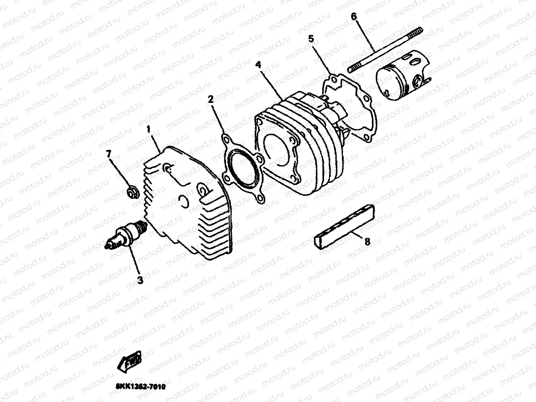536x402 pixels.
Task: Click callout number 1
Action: [x=149, y=130]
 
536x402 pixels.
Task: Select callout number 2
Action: [x=211, y=99]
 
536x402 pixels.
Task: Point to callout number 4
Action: [x=258, y=65]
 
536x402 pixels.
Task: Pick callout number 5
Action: [x=311, y=39]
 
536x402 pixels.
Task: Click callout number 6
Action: [x=354, y=17]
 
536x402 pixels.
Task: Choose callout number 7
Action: [x=108, y=154]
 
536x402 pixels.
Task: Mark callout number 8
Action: [x=367, y=242]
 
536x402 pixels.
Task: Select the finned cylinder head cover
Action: [x=189, y=205]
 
